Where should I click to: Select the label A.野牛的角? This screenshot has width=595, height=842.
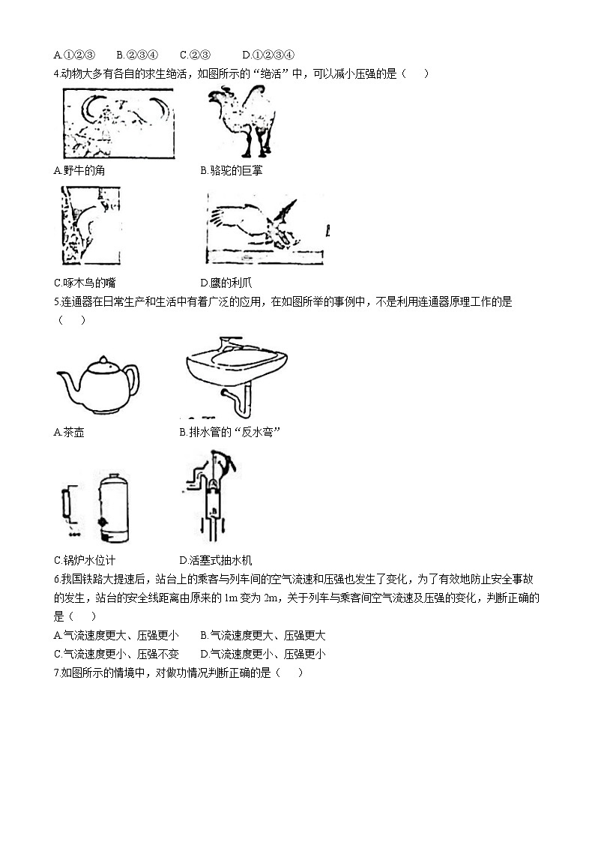coord(79,170)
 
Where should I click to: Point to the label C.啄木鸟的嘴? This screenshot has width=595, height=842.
coord(85,283)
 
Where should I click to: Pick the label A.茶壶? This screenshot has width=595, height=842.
coord(69,432)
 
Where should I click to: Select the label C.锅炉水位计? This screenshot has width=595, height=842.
coord(85,560)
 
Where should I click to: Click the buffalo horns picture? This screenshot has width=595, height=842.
coord(118,123)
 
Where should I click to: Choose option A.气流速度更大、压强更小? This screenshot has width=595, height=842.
coord(116,635)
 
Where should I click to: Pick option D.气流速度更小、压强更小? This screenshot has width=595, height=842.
coord(263,654)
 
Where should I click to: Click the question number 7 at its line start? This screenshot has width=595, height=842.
coord(57,673)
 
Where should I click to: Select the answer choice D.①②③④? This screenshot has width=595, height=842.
coord(269,54)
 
